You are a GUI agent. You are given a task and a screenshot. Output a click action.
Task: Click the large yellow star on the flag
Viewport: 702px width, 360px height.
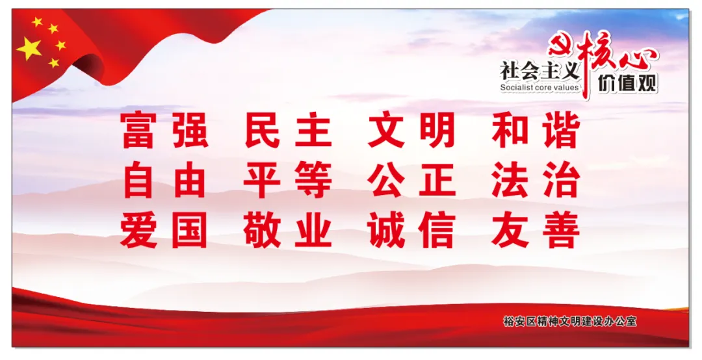pos(29,48)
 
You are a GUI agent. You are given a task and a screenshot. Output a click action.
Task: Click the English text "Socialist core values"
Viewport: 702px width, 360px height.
pos(539,88)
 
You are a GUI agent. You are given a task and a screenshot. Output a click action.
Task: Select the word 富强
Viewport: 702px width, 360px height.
pos(164,131)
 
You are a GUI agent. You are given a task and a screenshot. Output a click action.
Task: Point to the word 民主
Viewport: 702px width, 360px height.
pos(289,131)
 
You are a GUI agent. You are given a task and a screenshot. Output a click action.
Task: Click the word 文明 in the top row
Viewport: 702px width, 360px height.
pos(412,131)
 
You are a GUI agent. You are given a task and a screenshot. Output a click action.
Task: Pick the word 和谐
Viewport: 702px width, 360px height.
pos(536,131)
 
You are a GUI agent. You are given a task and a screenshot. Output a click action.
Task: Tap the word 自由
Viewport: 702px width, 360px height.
pos(164,180)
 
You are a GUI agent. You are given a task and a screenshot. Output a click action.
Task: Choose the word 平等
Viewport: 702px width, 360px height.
pos(289,180)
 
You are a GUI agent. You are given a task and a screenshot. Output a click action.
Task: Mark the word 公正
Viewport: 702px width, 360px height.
pos(412,180)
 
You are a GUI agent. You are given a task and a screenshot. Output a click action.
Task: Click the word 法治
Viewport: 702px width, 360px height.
pos(536,180)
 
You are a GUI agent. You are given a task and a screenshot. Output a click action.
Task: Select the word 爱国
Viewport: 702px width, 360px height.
pos(164,230)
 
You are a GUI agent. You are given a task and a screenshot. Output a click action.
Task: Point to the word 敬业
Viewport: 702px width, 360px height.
pos(289,230)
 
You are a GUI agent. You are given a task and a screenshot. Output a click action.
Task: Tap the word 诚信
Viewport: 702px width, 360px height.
pos(412,230)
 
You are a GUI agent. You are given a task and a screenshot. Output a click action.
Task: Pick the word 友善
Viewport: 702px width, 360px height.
pos(536,230)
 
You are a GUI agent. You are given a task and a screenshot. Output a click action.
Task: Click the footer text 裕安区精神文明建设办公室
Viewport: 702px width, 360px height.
pos(570,321)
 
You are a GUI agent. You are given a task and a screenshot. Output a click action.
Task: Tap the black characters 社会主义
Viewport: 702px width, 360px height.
pos(540,71)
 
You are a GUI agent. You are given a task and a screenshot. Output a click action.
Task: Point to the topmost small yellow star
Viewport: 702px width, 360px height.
pos(37,21)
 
